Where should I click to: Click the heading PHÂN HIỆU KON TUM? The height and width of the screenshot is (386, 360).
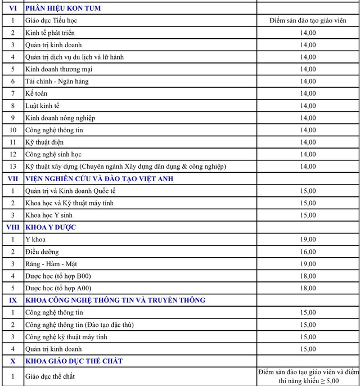63,8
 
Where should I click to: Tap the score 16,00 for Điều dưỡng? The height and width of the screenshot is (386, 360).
308,252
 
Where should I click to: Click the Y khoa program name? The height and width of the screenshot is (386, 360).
35,240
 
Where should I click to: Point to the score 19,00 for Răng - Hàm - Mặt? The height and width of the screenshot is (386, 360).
308,264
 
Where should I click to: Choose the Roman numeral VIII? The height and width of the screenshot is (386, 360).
12,227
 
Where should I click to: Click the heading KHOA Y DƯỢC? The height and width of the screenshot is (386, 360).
51,227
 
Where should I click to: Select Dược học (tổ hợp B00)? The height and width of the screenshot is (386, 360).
58,276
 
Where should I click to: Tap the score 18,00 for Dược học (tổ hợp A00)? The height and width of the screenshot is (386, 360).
308,288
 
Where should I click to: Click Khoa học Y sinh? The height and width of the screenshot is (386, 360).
49,215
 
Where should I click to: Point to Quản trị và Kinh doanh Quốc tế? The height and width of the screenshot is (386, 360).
70,191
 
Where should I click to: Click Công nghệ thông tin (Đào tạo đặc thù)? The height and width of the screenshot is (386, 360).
79,325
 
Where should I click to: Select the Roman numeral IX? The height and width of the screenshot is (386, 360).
12,300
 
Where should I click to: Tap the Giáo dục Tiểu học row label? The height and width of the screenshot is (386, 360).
51,21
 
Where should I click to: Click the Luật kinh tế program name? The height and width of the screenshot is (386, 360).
42,106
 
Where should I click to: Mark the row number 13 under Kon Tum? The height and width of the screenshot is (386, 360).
12,167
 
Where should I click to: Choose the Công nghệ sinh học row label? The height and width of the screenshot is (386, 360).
53,154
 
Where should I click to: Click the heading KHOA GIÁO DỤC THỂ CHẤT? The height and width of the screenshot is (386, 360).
74,361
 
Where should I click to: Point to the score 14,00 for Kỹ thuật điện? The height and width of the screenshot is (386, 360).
308,142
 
